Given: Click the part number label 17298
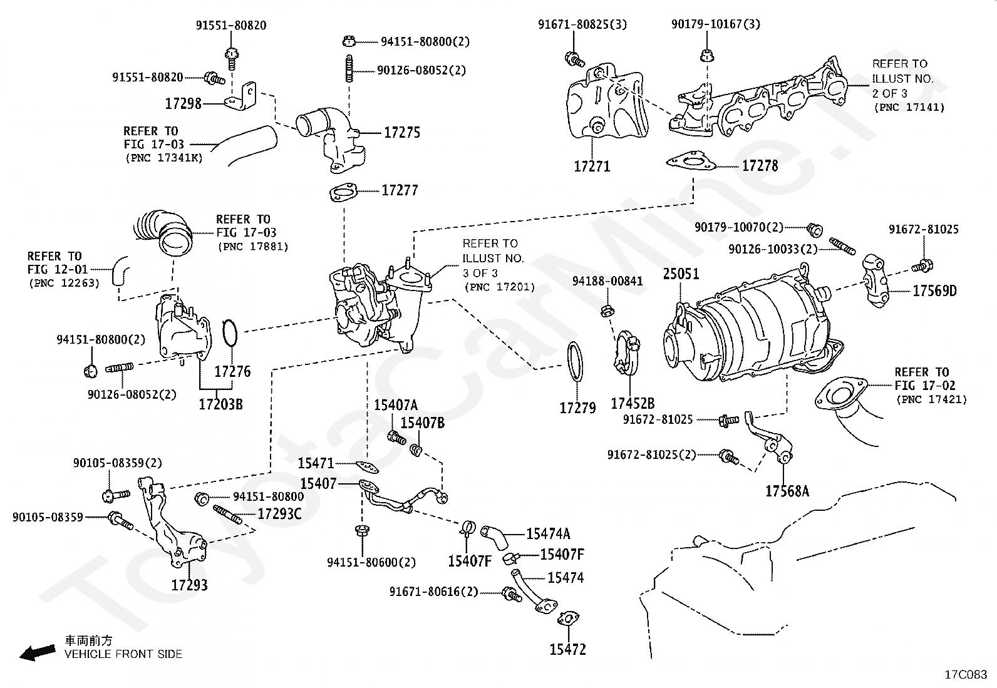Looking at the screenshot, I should pyautogui.click(x=183, y=104).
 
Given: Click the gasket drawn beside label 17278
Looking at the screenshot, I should pyautogui.click(x=691, y=162).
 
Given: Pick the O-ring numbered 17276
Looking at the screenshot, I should pyautogui.click(x=230, y=332).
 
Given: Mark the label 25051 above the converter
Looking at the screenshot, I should pyautogui.click(x=681, y=274).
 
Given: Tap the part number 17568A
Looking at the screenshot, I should pyautogui.click(x=787, y=491).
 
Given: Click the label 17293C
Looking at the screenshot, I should pyautogui.click(x=279, y=515).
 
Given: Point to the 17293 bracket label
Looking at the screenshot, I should pyautogui.click(x=189, y=585).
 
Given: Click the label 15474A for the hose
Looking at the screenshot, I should pyautogui.click(x=548, y=534).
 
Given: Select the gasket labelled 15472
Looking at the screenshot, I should pyautogui.click(x=567, y=649).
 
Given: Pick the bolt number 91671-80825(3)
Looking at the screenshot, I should pyautogui.click(x=582, y=24).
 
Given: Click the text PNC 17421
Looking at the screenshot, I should pyautogui.click(x=931, y=399).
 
